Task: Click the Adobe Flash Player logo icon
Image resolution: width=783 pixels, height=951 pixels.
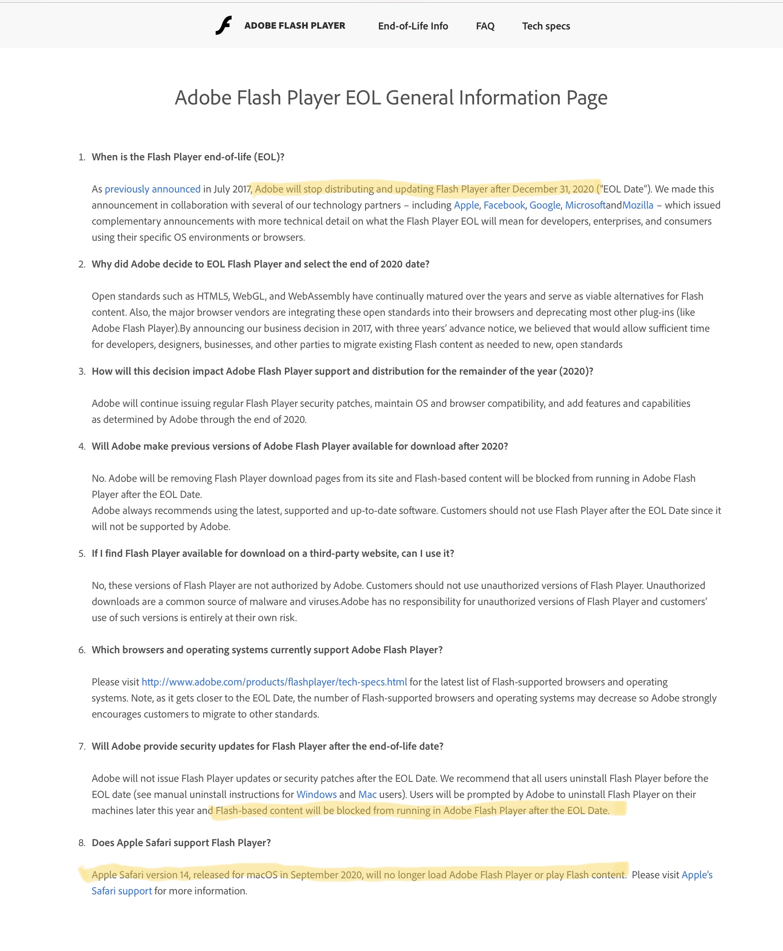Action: pos(223,25)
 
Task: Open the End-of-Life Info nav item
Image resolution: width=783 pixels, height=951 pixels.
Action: pos(413,26)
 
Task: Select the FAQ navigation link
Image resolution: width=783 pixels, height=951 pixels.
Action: pos(485,26)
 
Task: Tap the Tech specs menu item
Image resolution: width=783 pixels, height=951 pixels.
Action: pos(546,26)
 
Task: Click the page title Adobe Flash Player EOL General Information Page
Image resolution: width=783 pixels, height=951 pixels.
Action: pos(391,98)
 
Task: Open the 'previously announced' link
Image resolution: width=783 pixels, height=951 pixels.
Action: pos(153,189)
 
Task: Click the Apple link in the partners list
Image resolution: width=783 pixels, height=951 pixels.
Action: pos(466,206)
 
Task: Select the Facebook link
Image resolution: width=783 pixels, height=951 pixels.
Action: pos(504,206)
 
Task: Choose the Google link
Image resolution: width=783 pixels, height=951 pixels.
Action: pos(544,206)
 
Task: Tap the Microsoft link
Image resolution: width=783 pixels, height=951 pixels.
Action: pos(585,206)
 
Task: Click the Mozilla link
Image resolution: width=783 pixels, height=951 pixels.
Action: pos(637,206)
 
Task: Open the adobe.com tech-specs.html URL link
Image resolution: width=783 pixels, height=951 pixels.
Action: pos(274,682)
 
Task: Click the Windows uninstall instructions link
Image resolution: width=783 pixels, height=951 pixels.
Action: pos(316,794)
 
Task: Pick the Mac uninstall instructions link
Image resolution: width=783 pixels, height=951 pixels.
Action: pos(367,794)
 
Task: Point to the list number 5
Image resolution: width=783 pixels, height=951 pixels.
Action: pos(82,554)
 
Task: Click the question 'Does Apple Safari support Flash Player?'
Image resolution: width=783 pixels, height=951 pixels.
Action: pos(181,843)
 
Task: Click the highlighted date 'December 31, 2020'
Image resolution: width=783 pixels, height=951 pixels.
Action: pos(553,189)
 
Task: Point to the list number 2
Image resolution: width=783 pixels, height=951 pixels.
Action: pos(82,264)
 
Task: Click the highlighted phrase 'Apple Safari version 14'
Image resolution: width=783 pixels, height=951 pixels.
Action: pos(140,875)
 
